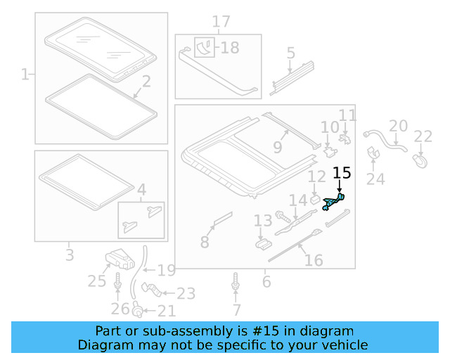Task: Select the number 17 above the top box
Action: click(x=221, y=22)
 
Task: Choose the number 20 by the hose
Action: click(x=398, y=126)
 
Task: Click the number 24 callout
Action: click(x=375, y=179)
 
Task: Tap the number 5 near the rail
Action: click(x=291, y=53)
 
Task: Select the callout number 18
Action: click(x=229, y=48)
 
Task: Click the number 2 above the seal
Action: click(x=146, y=83)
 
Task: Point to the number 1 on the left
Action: click(x=25, y=74)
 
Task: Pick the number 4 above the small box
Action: click(x=141, y=189)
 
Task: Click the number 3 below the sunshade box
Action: click(x=69, y=254)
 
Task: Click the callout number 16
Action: click(x=314, y=261)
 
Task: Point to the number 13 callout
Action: click(x=262, y=222)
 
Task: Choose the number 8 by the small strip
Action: click(x=205, y=243)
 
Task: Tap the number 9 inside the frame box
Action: click(x=277, y=148)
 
